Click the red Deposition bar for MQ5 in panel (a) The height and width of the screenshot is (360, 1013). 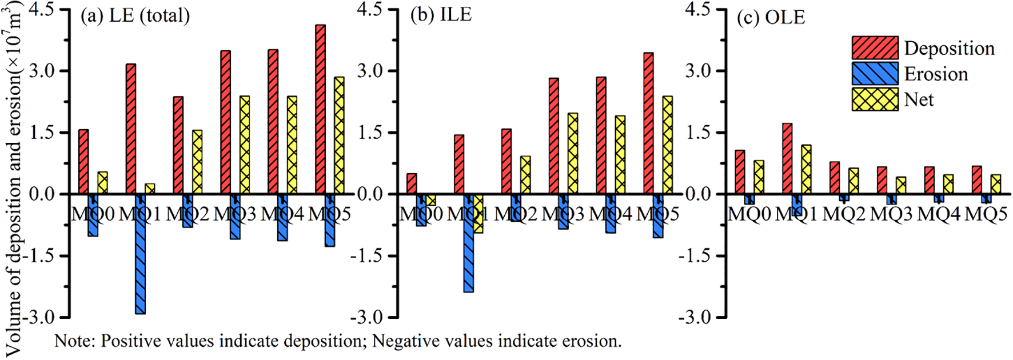click(x=321, y=109)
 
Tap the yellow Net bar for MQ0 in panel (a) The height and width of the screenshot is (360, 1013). click(x=103, y=183)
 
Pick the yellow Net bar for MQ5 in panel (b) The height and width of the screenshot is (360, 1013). click(x=667, y=145)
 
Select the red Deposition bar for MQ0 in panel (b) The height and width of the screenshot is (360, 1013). click(x=412, y=183)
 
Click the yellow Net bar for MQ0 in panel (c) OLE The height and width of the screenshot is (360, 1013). click(x=759, y=177)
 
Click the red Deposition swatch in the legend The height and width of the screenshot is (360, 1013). click(x=875, y=48)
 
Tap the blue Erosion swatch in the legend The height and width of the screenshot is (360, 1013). click(x=875, y=74)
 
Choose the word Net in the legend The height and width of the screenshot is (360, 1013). click(x=919, y=99)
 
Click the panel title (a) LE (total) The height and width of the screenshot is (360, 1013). click(x=135, y=15)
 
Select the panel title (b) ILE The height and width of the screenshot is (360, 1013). click(x=441, y=15)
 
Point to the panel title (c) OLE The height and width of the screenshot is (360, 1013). click(x=771, y=17)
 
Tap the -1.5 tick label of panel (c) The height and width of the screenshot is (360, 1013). click(x=695, y=255)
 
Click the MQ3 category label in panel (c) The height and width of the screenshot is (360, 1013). click(x=891, y=214)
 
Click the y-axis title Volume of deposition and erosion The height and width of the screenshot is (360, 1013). click(x=14, y=183)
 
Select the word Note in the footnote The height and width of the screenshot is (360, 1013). click(x=74, y=341)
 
